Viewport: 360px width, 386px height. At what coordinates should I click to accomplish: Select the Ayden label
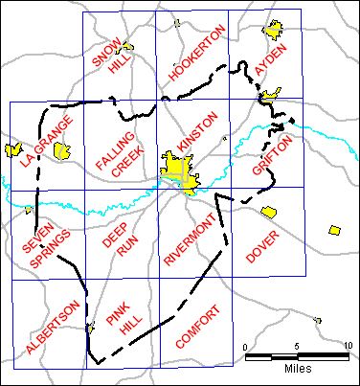270,59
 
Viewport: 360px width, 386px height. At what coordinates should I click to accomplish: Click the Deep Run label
117,238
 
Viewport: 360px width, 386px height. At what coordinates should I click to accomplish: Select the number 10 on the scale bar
347,346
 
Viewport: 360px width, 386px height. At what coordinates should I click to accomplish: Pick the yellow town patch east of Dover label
334,230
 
